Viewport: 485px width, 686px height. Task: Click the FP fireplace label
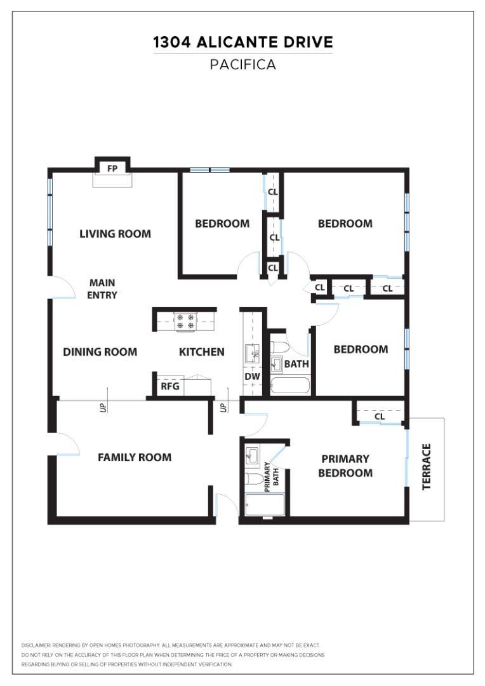click(112, 168)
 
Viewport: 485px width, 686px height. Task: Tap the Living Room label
click(115, 234)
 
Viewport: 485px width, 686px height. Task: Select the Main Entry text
click(102, 289)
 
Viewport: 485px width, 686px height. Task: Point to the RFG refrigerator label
click(169, 386)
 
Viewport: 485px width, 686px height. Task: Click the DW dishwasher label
click(253, 377)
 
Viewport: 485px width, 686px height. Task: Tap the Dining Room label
click(100, 352)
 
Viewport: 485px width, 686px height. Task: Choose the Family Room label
click(135, 457)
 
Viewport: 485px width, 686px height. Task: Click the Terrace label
click(427, 467)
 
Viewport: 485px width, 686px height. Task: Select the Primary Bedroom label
click(345, 466)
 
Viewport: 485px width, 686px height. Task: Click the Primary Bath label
click(271, 477)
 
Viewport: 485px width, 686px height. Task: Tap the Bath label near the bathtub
click(296, 364)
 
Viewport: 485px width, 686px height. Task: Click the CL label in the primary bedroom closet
click(380, 417)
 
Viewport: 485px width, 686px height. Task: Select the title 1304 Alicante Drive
click(243, 43)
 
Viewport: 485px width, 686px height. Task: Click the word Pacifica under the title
click(243, 65)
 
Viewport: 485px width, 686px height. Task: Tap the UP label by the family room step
click(103, 408)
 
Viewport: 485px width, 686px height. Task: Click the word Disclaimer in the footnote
click(36, 645)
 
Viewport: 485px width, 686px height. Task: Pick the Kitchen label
click(202, 352)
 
